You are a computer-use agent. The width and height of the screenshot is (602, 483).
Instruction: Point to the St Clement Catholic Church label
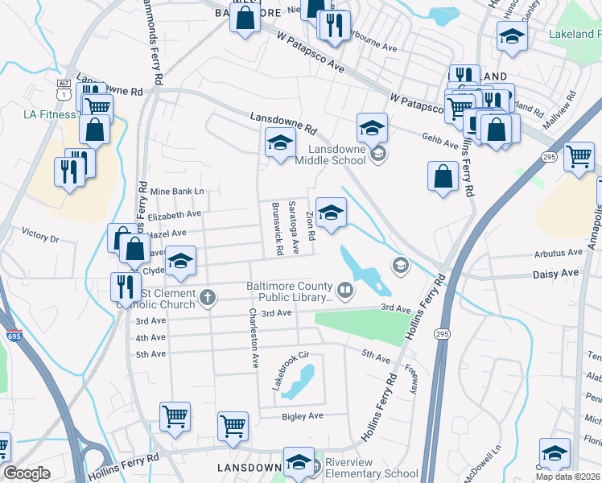(167, 298)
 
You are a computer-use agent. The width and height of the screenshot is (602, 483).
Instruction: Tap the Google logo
(27, 473)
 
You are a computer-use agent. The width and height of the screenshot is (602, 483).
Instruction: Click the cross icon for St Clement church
(208, 298)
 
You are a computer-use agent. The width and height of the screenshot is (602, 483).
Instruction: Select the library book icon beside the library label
(345, 290)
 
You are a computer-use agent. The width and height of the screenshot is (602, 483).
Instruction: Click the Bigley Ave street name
(302, 416)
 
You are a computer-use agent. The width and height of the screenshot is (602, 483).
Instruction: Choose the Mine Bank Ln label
(178, 192)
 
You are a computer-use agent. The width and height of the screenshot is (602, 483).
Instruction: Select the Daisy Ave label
(555, 275)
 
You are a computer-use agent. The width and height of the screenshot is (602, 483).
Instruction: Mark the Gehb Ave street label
(439, 139)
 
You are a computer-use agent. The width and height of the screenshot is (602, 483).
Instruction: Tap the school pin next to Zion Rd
(331, 214)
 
